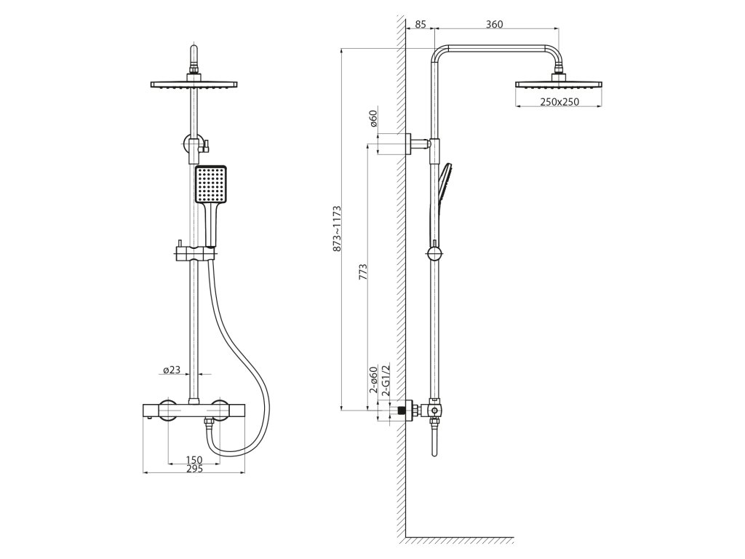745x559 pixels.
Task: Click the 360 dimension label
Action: click(494, 25)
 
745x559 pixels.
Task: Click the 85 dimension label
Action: click(421, 25)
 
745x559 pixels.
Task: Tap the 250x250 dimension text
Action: click(559, 102)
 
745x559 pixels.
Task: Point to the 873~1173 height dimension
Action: click(337, 229)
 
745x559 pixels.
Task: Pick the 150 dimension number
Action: click(193, 459)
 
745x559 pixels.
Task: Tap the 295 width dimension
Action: click(194, 469)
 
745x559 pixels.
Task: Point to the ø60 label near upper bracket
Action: click(373, 118)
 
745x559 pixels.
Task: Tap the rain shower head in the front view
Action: click(194, 85)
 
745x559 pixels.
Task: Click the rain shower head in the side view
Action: click(559, 84)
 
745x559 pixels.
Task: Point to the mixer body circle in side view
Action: click(434, 411)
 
